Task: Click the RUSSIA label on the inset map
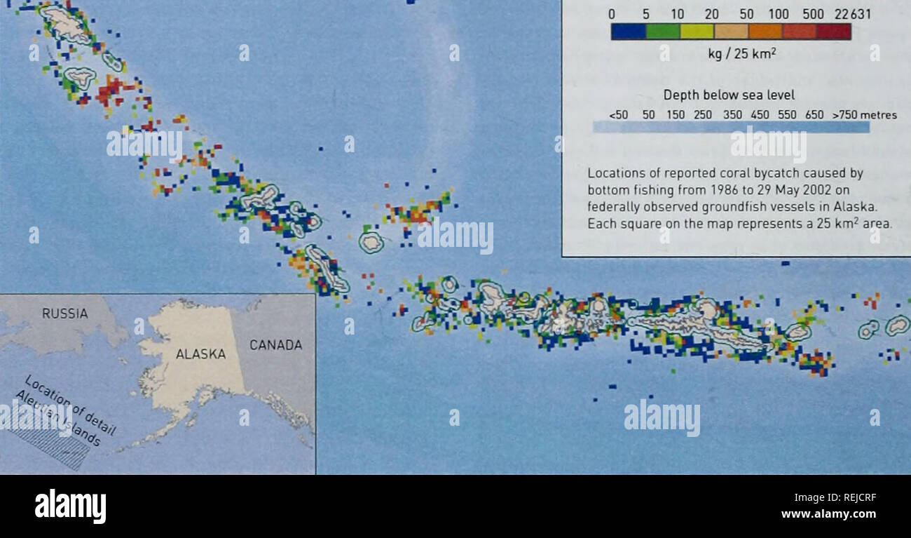click(64, 314)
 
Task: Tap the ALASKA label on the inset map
click(200, 354)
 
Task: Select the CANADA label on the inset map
click(276, 345)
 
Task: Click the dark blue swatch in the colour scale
click(628, 32)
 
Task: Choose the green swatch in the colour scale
click(662, 32)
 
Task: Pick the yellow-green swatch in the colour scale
click(697, 32)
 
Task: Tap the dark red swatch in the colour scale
click(834, 32)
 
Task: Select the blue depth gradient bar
click(731, 127)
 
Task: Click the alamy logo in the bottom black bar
click(70, 506)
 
